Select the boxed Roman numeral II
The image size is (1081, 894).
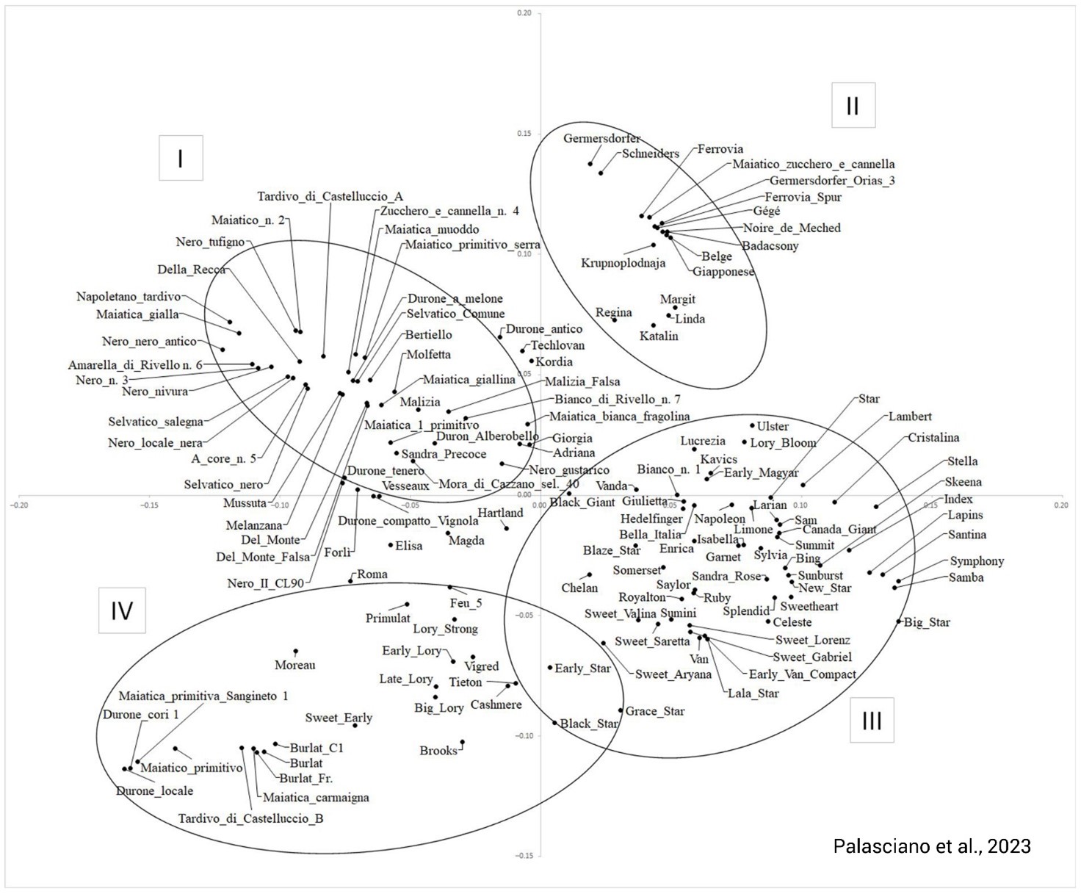point(853,106)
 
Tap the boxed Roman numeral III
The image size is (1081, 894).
point(872,721)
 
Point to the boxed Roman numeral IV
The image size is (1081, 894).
point(122,610)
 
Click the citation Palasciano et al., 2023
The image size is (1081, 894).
point(932,846)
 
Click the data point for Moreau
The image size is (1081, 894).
point(296,651)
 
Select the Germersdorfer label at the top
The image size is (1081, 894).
point(601,138)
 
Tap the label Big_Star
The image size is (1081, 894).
point(927,622)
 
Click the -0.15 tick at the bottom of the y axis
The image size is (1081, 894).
point(526,856)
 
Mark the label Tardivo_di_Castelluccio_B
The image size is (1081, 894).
point(250,818)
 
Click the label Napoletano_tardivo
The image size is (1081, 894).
point(128,297)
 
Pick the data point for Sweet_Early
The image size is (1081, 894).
point(355,726)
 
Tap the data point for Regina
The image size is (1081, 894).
point(615,320)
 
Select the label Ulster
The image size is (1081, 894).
point(773,426)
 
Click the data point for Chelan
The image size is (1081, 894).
point(589,574)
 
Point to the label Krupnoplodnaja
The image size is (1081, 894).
point(623,263)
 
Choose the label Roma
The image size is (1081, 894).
point(372,574)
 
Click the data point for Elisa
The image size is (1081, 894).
point(391,545)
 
